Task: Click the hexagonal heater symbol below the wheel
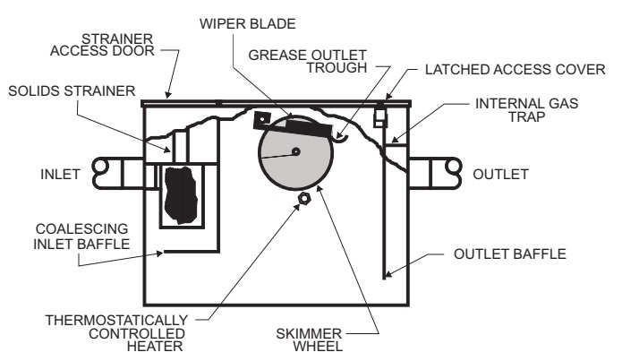click(302, 197)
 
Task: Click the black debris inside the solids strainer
click(181, 193)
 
